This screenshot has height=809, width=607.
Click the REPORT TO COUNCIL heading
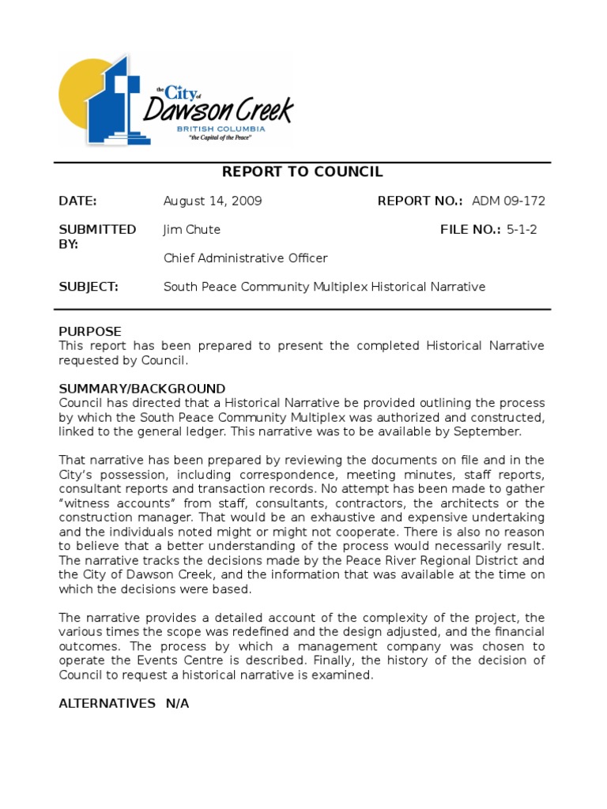302,172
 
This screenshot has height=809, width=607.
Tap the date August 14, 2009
213,201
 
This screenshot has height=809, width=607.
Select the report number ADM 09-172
508,201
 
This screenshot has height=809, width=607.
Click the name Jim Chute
192,230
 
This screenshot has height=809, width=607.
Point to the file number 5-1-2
522,230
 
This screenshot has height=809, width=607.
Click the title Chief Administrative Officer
245,258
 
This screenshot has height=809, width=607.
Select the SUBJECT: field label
89,287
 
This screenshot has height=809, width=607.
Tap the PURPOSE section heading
90,332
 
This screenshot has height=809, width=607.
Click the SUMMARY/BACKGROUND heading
142,389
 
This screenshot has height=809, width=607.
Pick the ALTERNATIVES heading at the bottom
107,703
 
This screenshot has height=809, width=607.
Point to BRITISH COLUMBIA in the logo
221,129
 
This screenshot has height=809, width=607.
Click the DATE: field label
77,201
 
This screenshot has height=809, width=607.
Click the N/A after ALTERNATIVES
177,703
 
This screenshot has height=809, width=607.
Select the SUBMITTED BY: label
96,237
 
